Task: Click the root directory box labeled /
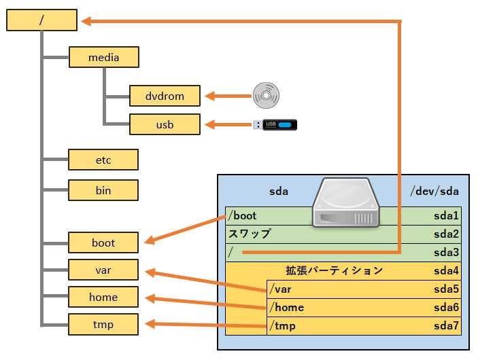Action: [x=41, y=20]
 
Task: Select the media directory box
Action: [x=103, y=57]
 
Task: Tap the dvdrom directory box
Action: [x=165, y=96]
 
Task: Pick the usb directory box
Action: [x=165, y=124]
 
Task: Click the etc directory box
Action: [x=103, y=160]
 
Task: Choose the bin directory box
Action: [x=103, y=190]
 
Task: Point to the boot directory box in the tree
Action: [x=103, y=242]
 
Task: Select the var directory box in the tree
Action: [x=103, y=270]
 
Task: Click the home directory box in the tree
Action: [x=103, y=297]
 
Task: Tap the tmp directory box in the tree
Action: [x=103, y=324]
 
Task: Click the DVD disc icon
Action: [x=265, y=96]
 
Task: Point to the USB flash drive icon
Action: [x=275, y=124]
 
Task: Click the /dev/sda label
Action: [x=434, y=191]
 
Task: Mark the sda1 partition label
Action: [x=447, y=216]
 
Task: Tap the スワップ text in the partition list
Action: [x=250, y=234]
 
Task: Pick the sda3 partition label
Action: [x=447, y=253]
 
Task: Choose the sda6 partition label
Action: [x=447, y=308]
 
